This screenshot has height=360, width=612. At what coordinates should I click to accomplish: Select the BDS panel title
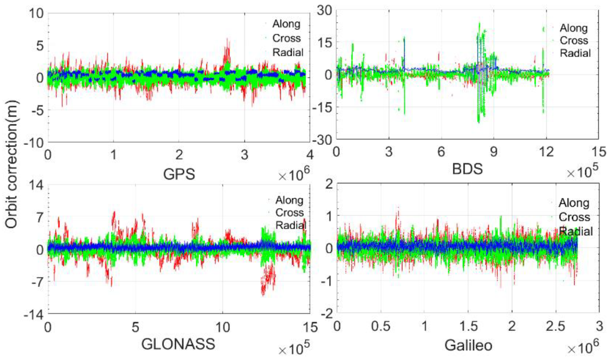click(x=467, y=169)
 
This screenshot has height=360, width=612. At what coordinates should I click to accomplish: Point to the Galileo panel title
click(x=468, y=346)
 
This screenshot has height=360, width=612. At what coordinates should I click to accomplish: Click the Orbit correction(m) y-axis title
click(x=11, y=164)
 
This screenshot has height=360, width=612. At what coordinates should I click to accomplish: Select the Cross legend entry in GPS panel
click(x=286, y=38)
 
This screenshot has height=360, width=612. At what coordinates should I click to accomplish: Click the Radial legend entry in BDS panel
click(x=575, y=53)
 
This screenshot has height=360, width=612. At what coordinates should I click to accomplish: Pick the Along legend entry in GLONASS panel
click(x=289, y=200)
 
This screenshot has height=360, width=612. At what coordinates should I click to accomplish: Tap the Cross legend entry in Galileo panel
click(x=574, y=217)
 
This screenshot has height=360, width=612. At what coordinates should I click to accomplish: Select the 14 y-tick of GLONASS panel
click(x=36, y=185)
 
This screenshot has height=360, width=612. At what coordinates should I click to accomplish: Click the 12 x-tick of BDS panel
click(x=546, y=152)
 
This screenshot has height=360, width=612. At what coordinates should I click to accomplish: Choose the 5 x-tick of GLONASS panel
click(x=135, y=327)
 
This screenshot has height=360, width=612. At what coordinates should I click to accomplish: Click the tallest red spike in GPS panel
click(x=228, y=39)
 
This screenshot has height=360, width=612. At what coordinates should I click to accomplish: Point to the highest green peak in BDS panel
click(x=479, y=23)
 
